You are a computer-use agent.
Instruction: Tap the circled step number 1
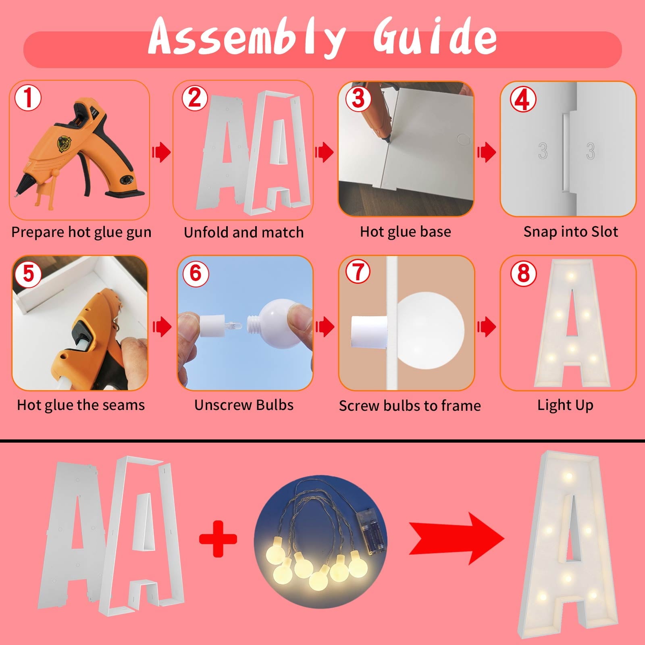click(28, 98)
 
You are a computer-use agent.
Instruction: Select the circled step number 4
click(523, 100)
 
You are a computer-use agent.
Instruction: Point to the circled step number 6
click(196, 273)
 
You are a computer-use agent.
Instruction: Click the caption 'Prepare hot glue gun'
click(81, 233)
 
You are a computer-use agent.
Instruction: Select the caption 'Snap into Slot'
click(570, 232)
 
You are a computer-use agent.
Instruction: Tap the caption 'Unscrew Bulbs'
click(244, 405)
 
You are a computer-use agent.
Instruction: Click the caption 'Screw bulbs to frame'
click(410, 406)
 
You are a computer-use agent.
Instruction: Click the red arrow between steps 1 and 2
click(161, 152)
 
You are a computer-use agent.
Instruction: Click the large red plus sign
click(218, 539)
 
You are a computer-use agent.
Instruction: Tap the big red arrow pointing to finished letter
click(456, 539)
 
